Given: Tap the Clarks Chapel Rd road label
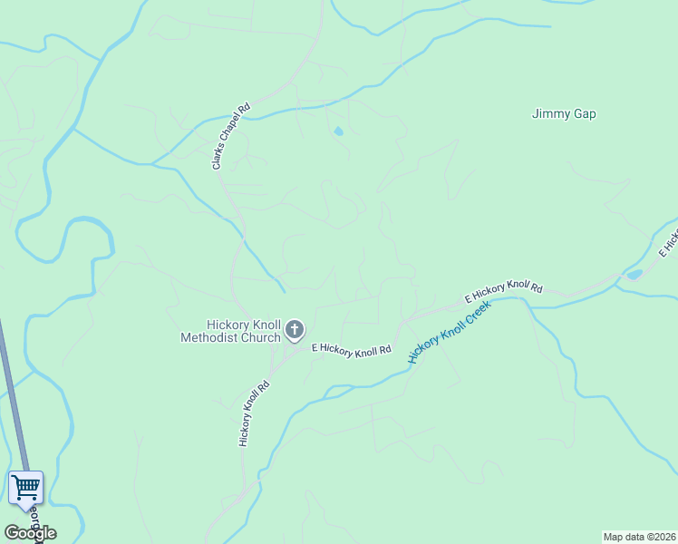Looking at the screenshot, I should (230, 136).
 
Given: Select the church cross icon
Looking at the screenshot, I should (294, 329).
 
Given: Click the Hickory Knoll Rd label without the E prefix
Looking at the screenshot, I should (255, 413).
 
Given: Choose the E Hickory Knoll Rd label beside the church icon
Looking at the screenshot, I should (351, 349).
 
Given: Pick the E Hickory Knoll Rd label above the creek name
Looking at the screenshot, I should (503, 291).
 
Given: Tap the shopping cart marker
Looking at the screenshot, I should (25, 487).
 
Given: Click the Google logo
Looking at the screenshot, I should (30, 532).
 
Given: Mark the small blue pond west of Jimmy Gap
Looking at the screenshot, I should (339, 131).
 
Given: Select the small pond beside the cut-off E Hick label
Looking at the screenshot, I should (634, 273).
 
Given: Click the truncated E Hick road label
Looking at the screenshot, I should (668, 240).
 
